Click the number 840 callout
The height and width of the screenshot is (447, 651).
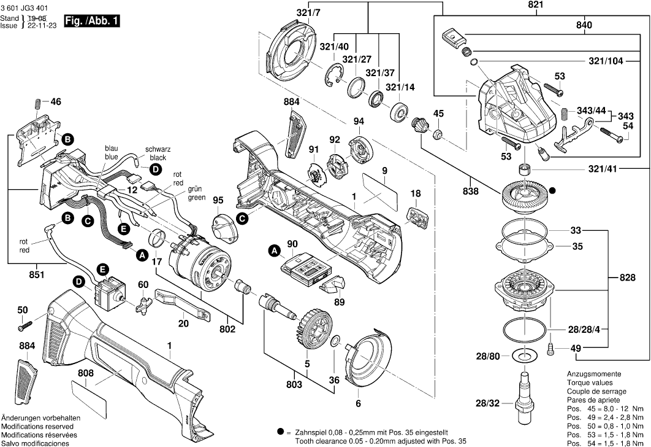point(584,25)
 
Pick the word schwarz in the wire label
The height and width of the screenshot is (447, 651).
point(158,150)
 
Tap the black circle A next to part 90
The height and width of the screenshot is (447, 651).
point(274,250)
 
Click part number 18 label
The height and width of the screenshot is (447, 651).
point(416,194)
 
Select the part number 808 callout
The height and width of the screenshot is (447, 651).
point(86,372)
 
